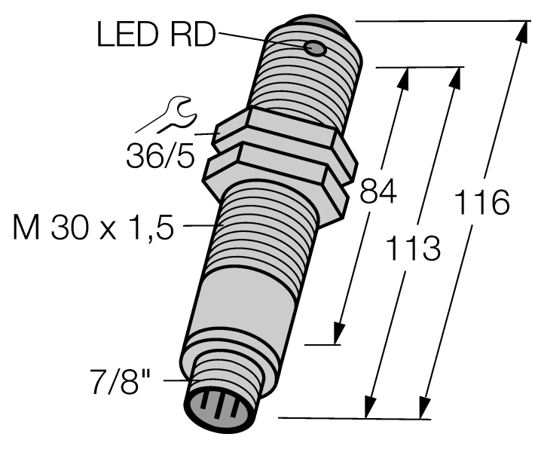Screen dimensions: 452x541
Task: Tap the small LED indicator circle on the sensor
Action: [x=315, y=49]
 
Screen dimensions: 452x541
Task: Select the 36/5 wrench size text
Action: [x=157, y=157]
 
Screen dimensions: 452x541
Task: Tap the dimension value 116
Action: [x=483, y=203]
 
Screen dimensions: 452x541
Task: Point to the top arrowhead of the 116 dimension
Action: [x=520, y=32]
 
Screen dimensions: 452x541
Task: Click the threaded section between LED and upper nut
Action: [x=305, y=83]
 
